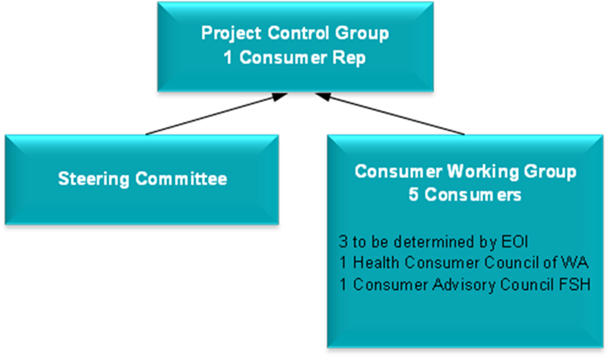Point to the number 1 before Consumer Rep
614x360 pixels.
click(x=228, y=58)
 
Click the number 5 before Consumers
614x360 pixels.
click(x=413, y=195)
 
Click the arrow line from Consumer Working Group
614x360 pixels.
click(x=397, y=114)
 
